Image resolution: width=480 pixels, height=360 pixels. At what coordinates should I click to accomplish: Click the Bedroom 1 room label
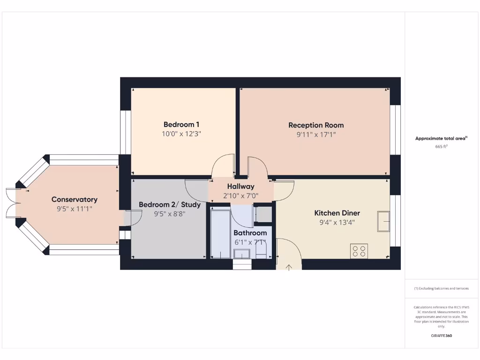click(181, 125)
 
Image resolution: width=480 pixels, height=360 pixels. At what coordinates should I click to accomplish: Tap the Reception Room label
click(316, 125)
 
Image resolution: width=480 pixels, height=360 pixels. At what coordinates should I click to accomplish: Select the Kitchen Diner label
click(337, 213)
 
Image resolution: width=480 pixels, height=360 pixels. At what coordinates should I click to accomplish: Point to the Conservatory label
click(75, 200)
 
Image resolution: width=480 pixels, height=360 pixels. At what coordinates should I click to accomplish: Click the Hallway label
click(240, 187)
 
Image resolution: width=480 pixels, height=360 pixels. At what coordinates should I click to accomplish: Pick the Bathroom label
click(250, 233)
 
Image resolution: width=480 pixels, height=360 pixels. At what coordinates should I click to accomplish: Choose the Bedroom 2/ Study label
click(170, 205)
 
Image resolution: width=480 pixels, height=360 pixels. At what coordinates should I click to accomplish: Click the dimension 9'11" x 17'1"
click(316, 135)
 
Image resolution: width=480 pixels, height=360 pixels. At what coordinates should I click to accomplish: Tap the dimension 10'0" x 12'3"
click(181, 134)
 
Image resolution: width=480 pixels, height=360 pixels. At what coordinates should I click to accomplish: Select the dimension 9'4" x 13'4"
click(337, 223)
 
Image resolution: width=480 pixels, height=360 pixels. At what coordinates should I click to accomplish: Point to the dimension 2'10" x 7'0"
click(240, 195)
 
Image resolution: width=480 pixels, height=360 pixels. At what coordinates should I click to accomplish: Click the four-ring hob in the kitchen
click(359, 251)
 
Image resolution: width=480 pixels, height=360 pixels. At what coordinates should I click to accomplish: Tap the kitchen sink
click(383, 221)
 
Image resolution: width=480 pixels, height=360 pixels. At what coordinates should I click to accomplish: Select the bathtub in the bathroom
click(220, 234)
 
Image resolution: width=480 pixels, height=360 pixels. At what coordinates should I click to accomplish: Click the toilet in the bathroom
click(262, 254)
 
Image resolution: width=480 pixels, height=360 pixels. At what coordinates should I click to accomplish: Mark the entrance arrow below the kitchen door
click(289, 268)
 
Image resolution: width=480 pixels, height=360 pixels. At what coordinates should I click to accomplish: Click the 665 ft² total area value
click(441, 147)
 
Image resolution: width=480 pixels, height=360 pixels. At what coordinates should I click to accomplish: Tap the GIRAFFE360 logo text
click(441, 336)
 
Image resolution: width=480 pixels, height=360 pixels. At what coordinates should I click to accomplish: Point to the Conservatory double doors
click(11, 203)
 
